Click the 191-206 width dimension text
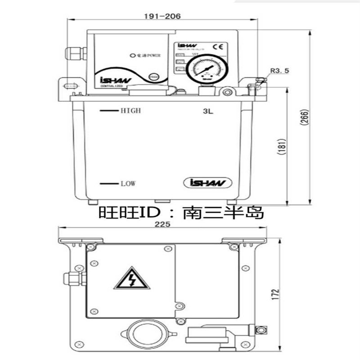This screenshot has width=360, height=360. coord(162,16)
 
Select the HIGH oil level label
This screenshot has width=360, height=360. coord(130,111)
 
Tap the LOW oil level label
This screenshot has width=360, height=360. coord(128,184)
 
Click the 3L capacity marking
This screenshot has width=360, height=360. coord(207,111)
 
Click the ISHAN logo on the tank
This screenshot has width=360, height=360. coord(207,183)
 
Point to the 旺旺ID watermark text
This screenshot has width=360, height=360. coord(180,212)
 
